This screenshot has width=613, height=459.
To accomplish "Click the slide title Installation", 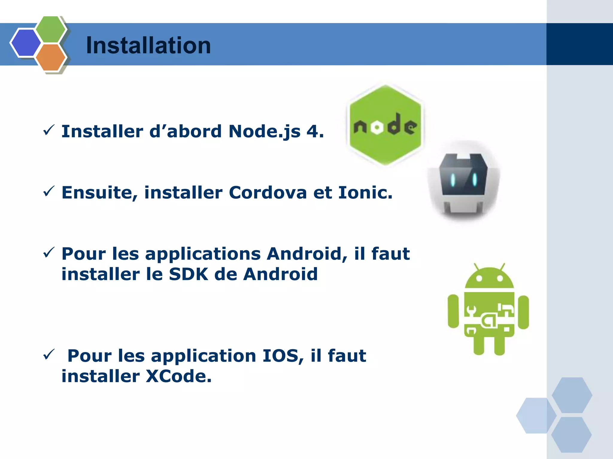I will pyautogui.click(x=148, y=45).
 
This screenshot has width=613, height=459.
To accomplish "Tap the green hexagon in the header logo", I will pyautogui.click(x=50, y=29).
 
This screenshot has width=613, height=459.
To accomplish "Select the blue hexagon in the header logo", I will pyautogui.click(x=25, y=43).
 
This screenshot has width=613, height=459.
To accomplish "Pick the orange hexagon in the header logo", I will pyautogui.click(x=50, y=57).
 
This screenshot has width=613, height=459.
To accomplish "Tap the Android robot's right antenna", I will pyautogui.click(x=502, y=267).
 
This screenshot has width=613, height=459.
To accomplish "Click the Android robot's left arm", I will pyautogui.click(x=453, y=311).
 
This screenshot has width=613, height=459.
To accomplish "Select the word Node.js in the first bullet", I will pyautogui.click(x=264, y=131).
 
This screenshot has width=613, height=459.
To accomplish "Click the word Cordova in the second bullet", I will pyautogui.click(x=268, y=192).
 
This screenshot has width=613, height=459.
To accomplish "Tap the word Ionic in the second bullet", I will pyautogui.click(x=365, y=192).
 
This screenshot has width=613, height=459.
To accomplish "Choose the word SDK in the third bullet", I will pyautogui.click(x=188, y=274).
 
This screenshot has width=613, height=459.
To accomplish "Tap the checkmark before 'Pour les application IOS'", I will pyautogui.click(x=48, y=354).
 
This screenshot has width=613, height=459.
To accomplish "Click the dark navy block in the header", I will pyautogui.click(x=579, y=44).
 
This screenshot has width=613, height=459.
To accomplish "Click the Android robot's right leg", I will pyautogui.click(x=499, y=345).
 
